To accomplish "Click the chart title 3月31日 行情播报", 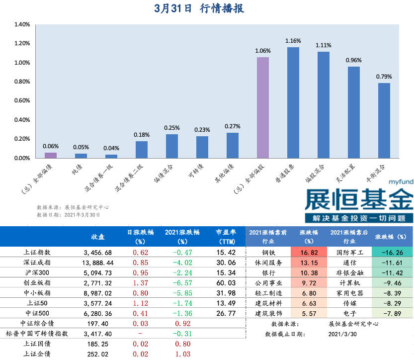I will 199,8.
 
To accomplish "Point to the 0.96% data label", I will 354,60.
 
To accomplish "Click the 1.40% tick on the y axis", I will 22,24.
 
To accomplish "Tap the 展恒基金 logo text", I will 358,200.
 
